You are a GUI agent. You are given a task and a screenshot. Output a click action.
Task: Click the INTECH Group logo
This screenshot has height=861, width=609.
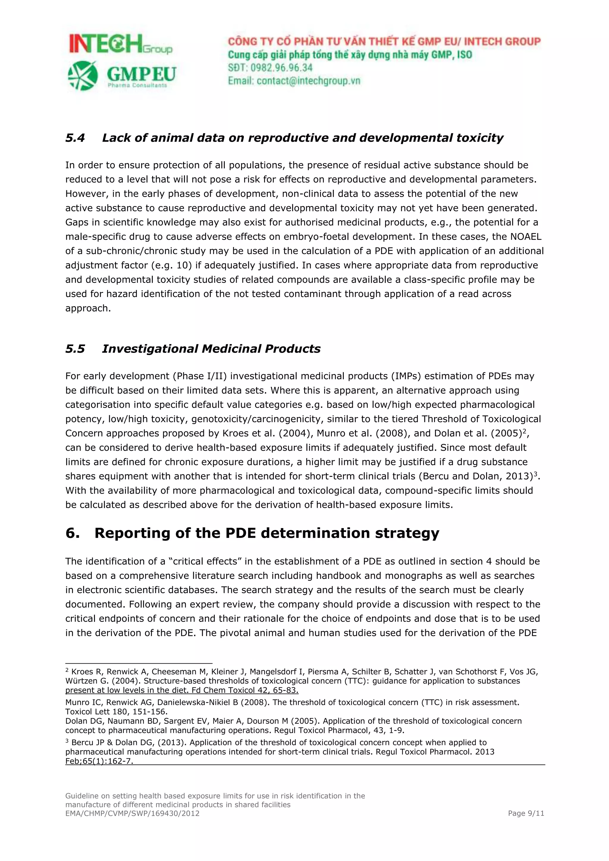pyautogui.click(x=120, y=44)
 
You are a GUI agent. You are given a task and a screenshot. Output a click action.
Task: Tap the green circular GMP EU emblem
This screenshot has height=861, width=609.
pyautogui.click(x=82, y=76)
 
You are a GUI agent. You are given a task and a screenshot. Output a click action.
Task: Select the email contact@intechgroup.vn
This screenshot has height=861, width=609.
pyautogui.click(x=308, y=81)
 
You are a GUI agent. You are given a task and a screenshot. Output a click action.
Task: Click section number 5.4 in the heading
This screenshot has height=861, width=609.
pyautogui.click(x=75, y=138)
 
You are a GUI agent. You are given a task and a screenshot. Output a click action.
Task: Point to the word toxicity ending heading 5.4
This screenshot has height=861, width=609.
pyautogui.click(x=479, y=138)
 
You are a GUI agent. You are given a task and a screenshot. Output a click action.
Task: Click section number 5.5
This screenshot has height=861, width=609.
pyautogui.click(x=75, y=349)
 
